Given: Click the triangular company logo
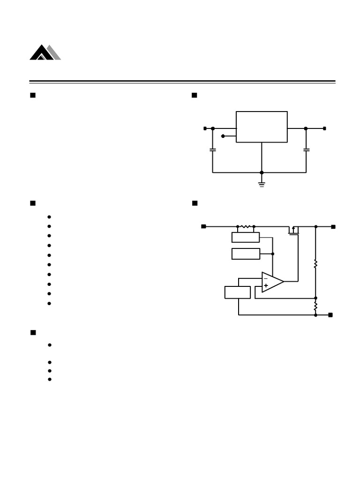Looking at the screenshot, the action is [x=45, y=52].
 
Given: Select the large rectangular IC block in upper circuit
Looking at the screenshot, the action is [x=262, y=127].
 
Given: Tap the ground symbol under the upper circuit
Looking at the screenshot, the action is [x=262, y=184].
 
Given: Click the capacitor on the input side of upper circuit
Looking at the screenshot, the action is [x=213, y=150].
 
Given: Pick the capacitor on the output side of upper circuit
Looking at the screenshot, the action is [x=306, y=150].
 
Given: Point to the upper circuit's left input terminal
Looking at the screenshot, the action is [x=205, y=128].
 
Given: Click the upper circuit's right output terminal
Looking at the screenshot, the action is [x=324, y=128].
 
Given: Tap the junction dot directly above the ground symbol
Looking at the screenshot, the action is [x=262, y=172].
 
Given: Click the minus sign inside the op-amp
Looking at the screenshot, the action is [x=266, y=278].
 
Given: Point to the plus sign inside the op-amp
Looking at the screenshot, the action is [x=266, y=285].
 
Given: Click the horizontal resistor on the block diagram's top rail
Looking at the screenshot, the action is [x=246, y=226].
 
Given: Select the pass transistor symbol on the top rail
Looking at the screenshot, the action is [x=293, y=230].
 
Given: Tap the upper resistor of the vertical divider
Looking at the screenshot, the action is [x=315, y=264].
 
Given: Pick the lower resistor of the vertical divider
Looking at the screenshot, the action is [x=315, y=306].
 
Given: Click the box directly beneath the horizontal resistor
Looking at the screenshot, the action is [x=246, y=237].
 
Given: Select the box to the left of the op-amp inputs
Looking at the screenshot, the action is [x=238, y=292].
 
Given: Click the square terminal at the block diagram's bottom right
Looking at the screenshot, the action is [x=330, y=315].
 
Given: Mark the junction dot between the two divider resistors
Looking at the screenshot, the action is [x=315, y=298].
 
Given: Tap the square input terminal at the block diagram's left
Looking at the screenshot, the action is [x=203, y=226].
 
